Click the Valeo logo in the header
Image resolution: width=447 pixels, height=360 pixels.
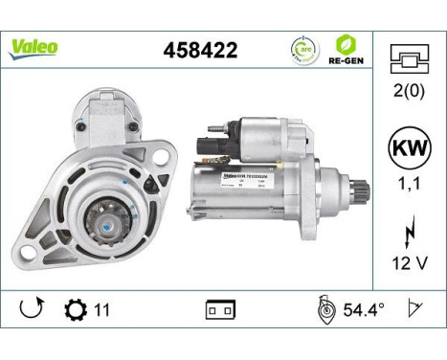[34, 45]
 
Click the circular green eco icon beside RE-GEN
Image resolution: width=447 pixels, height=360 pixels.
[302, 48]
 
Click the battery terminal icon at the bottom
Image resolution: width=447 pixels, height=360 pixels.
[220, 311]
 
